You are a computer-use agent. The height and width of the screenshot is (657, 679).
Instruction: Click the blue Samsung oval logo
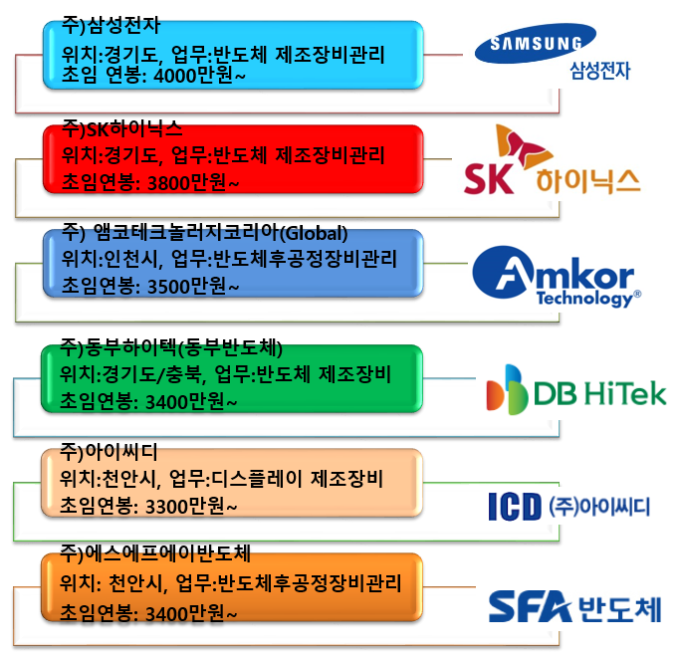[x=536, y=44]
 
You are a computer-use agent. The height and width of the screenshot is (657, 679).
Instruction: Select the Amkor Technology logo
[x=557, y=277]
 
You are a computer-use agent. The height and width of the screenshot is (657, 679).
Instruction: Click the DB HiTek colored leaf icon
[x=507, y=389]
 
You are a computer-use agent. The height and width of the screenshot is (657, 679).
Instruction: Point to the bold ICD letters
[x=515, y=507]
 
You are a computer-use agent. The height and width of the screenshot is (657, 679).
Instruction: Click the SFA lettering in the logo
[x=531, y=606]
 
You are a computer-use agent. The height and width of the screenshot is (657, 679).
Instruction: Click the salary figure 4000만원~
[x=200, y=76]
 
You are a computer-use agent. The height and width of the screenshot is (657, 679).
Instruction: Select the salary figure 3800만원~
[x=193, y=183]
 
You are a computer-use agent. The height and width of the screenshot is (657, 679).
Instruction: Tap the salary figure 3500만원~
[x=193, y=287]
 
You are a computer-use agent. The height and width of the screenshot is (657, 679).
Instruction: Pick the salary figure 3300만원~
[x=191, y=507]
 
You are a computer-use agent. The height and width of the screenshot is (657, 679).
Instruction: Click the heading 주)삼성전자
[x=111, y=26]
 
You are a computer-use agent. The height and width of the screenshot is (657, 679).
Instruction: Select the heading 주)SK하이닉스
[x=122, y=129]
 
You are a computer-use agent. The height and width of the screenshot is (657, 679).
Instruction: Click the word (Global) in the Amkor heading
[x=314, y=234]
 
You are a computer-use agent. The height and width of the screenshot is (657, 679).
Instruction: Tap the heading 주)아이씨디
[x=109, y=452]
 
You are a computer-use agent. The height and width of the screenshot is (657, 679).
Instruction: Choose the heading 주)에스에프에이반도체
[x=155, y=553]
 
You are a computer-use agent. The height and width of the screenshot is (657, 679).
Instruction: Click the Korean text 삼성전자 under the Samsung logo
[x=599, y=71]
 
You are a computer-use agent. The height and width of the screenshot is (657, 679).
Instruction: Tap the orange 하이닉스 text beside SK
[x=588, y=181]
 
